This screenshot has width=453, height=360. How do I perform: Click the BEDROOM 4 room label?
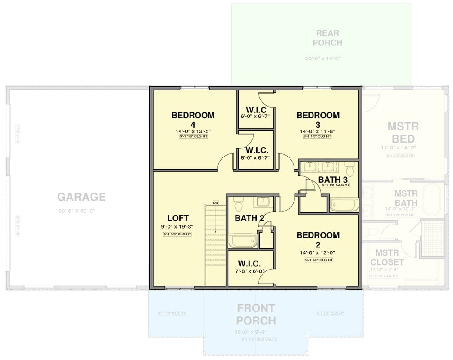click(193, 120)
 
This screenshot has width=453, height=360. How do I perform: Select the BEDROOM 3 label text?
click(318, 120)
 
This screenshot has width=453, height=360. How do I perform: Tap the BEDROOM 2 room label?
click(318, 240)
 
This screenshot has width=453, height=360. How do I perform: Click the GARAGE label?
click(82, 197)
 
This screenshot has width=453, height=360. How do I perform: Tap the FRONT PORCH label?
click(256, 314)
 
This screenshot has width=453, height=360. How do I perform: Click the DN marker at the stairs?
click(215, 202)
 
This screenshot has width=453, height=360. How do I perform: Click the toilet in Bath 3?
click(350, 170)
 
